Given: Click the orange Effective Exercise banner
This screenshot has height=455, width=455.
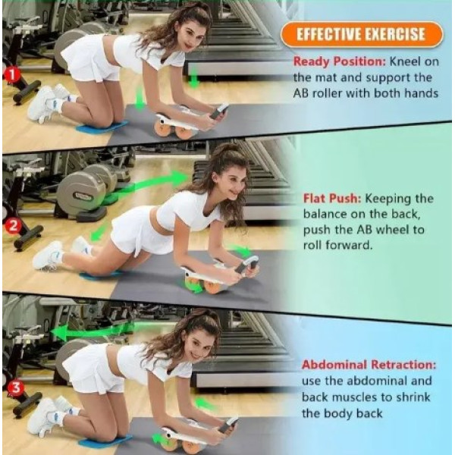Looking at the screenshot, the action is (x=362, y=34).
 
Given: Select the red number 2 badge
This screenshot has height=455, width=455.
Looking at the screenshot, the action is (x=13, y=226).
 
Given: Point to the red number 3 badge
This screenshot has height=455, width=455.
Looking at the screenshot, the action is (x=15, y=388).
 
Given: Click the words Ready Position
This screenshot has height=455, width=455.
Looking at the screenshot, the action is (x=340, y=62).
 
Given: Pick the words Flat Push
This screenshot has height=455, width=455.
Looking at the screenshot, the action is (x=332, y=199).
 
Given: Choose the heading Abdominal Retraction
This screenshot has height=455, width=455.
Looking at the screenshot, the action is (x=369, y=365).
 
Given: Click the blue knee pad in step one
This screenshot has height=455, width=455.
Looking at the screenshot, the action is (x=102, y=127).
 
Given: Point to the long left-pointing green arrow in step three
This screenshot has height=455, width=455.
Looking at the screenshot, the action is (x=93, y=331).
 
